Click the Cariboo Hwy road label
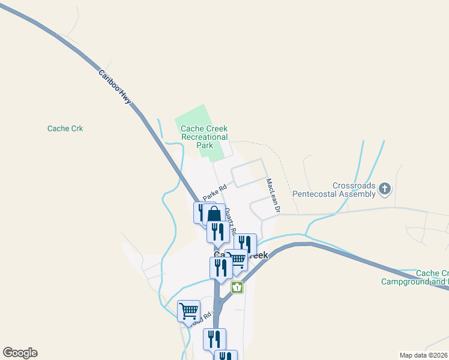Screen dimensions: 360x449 pos(115,86)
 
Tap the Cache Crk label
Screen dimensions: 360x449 pos(65,128)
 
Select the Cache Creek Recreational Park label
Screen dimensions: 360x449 pos(204,137)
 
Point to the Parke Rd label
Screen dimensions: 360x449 pos(213,193)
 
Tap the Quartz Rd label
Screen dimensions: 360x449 pos(231,221)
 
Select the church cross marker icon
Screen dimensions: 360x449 pos(384,190)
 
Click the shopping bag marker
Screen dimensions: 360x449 pos(214,215)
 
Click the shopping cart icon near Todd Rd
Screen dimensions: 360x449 pos(188,311)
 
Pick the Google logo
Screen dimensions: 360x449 pos(20,353)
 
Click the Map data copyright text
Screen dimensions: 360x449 pos(423,355)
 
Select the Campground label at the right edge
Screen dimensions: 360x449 pos(415,277)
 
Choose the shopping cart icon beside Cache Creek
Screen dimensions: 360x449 pos(238,259)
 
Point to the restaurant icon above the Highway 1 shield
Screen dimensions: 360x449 pos(221,267)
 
